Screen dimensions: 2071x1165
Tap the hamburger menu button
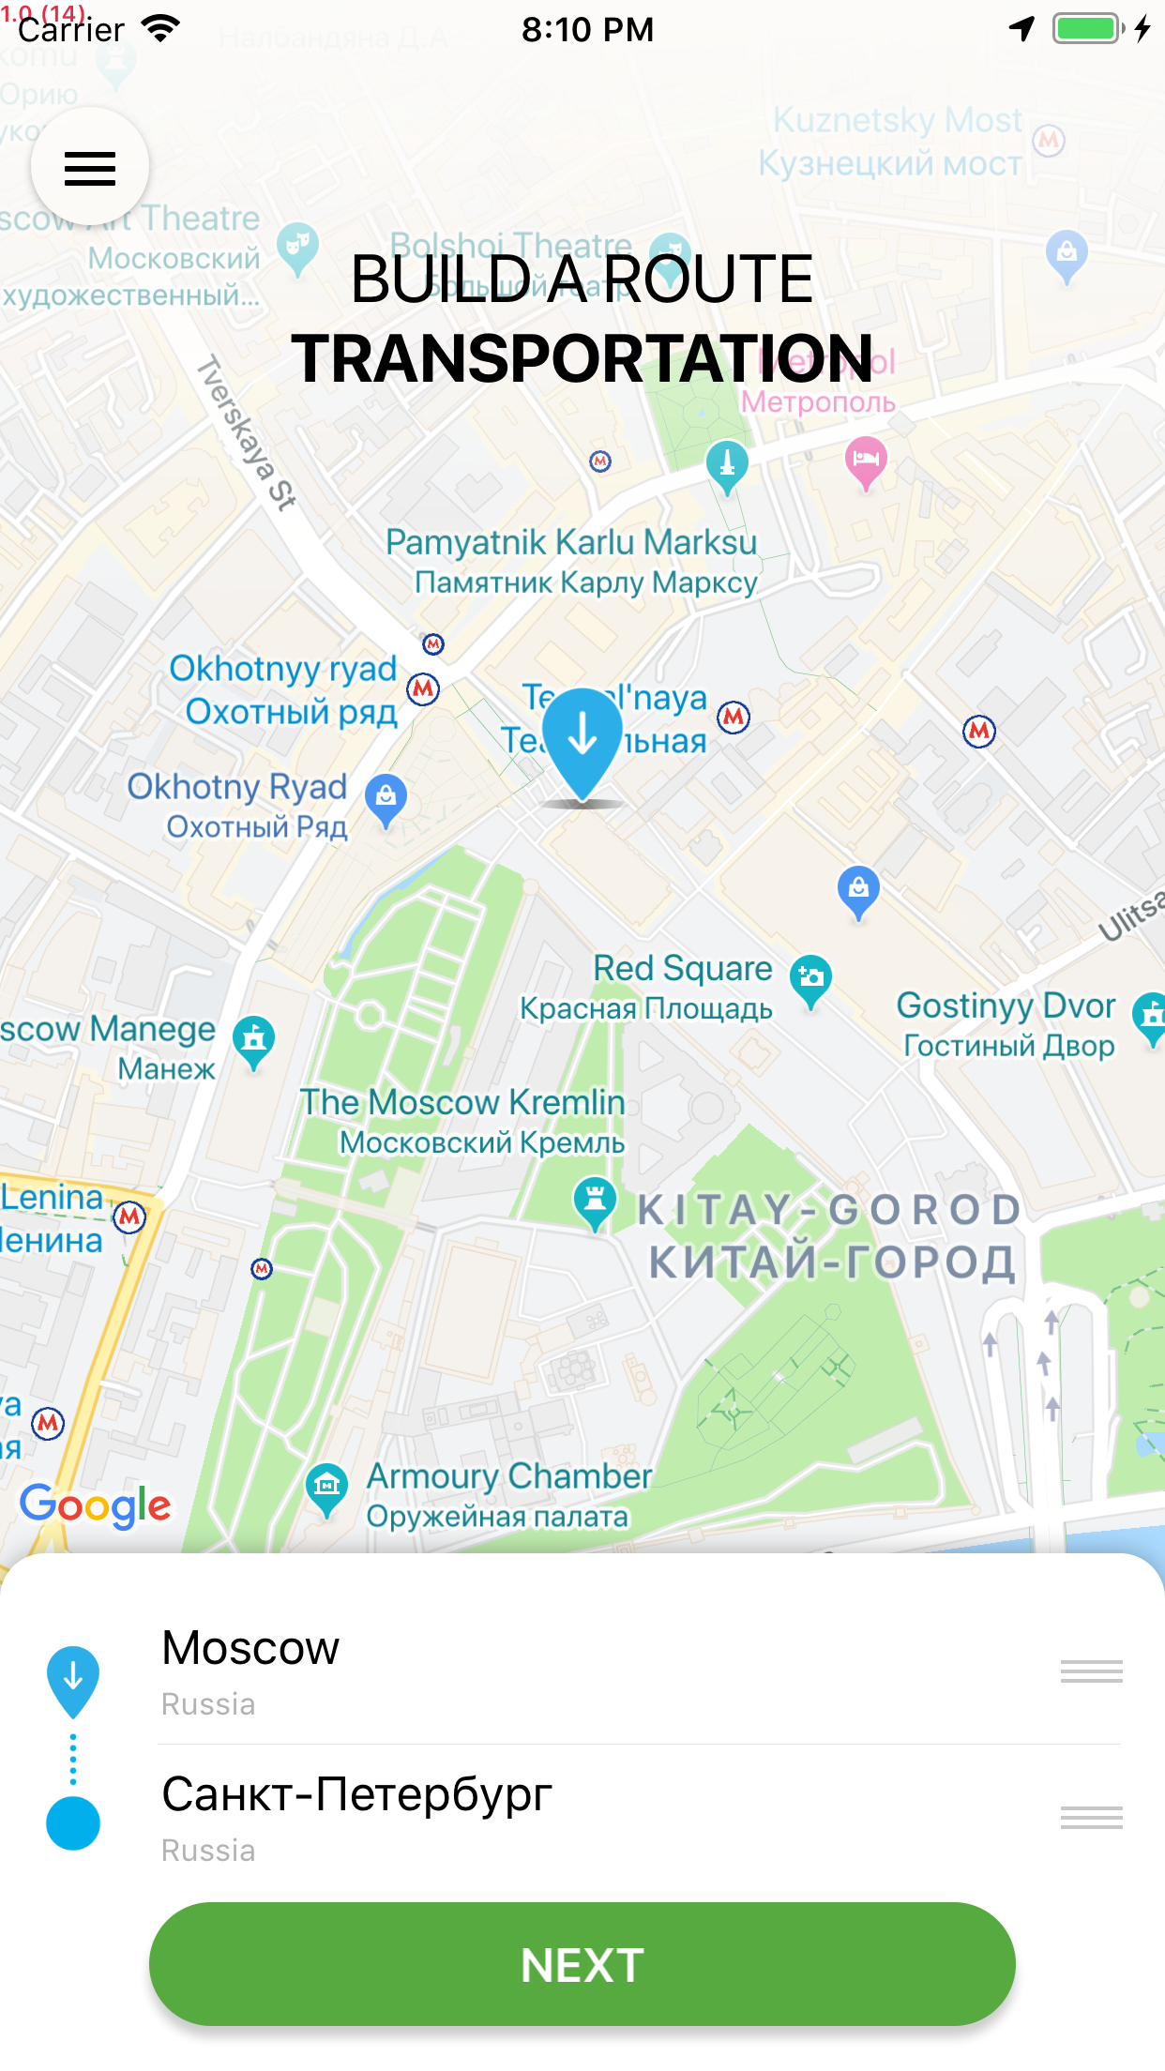(90, 168)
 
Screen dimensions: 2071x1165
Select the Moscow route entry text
(250, 1648)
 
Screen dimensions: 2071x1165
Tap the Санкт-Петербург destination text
(356, 1794)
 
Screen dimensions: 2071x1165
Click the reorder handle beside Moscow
(1091, 1671)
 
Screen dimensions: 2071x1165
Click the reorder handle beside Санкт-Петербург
(1091, 1818)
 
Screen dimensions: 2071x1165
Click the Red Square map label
(682, 969)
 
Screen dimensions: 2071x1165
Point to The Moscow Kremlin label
(462, 1103)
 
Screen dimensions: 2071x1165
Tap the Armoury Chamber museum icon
(326, 1486)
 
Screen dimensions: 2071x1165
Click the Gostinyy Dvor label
(1006, 1006)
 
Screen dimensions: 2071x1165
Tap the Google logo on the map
(95, 1504)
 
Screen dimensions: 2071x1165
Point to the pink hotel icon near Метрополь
(866, 460)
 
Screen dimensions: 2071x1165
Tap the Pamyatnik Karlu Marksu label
(571, 543)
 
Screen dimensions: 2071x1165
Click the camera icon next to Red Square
(810, 977)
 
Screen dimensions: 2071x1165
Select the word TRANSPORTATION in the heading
(582, 359)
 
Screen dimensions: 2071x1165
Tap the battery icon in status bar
(1087, 29)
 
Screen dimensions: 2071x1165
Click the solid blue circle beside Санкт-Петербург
(73, 1823)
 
